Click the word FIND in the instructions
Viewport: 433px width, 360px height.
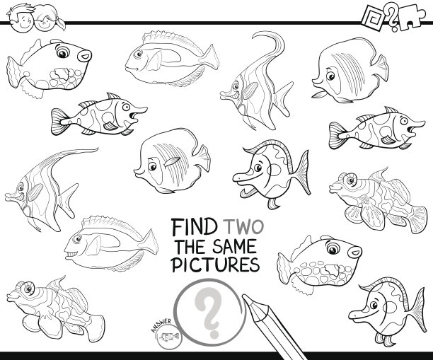tap(194, 227)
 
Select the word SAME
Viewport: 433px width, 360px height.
tap(234, 246)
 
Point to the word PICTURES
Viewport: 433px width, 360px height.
tap(215, 265)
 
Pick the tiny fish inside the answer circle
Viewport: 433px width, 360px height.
tap(169, 337)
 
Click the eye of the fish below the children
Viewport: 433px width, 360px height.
tap(62, 52)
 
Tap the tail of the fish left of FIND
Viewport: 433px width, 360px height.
tap(150, 242)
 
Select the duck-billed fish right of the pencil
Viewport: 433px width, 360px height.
tap(386, 311)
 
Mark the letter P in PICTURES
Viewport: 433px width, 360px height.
tap(178, 265)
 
